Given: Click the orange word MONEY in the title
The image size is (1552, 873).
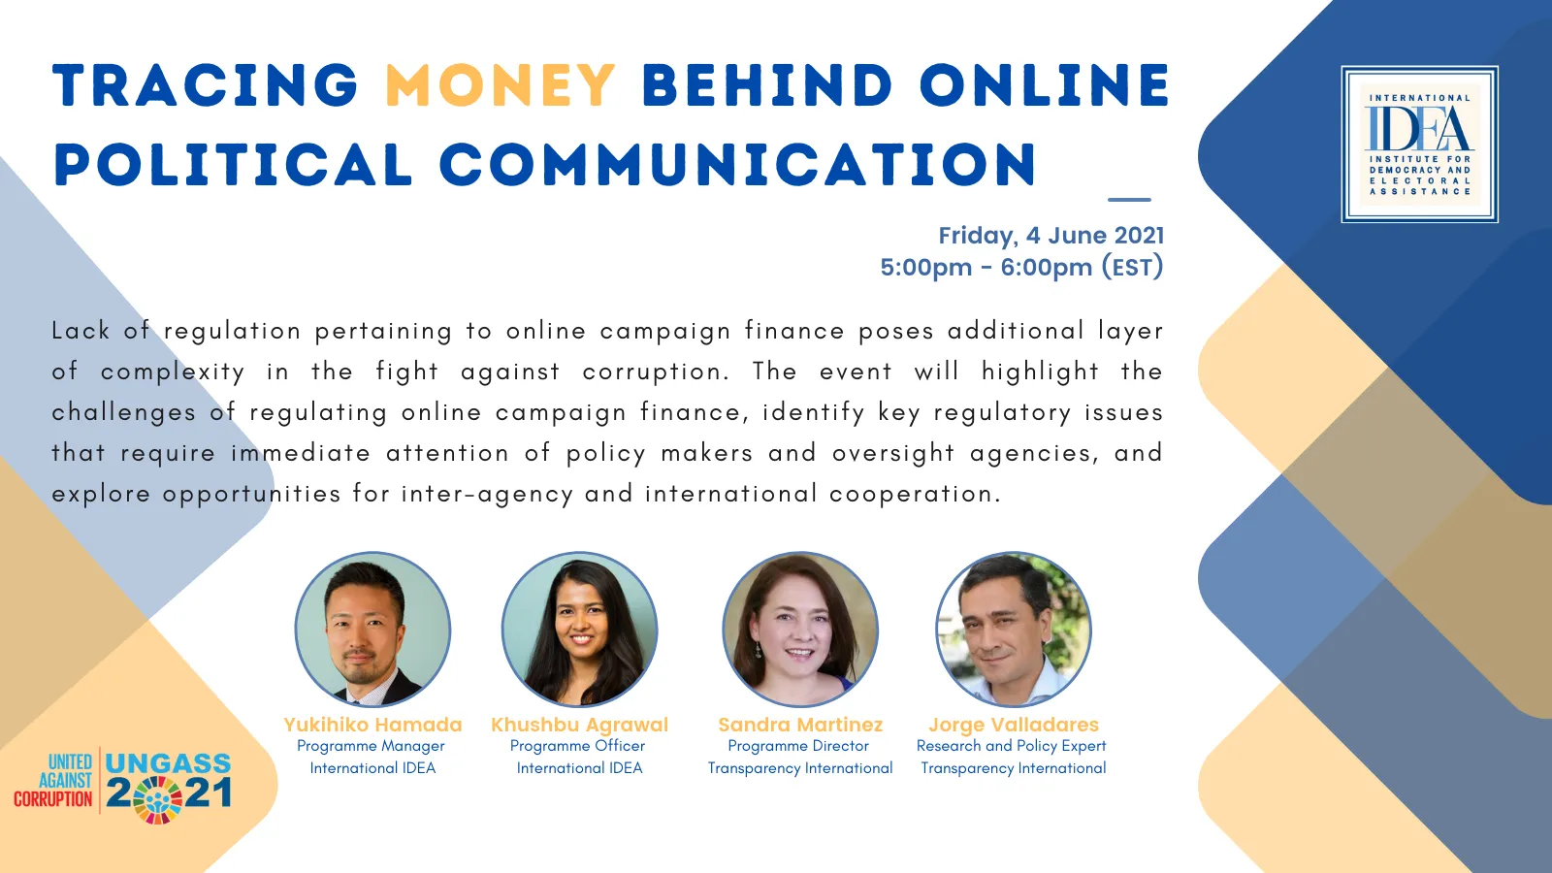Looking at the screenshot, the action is [501, 85].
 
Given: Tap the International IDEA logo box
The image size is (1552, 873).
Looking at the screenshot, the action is [1420, 145].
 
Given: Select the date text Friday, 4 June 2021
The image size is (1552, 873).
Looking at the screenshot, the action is [1051, 236].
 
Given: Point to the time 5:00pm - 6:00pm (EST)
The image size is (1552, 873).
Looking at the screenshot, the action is [1021, 268].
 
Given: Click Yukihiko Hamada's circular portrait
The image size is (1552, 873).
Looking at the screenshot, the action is [372, 630].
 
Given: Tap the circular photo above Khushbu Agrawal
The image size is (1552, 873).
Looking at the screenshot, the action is [579, 630].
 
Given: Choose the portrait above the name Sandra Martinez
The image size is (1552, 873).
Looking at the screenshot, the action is [800, 630].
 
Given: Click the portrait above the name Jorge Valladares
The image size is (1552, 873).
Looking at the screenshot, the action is [1014, 630].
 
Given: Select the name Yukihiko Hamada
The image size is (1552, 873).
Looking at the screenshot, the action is [372, 725].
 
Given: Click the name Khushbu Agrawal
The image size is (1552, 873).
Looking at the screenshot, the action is [579, 725].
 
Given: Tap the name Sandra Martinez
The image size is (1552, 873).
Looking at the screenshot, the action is [800, 725].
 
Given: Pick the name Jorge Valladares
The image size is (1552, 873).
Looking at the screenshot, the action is [1014, 725].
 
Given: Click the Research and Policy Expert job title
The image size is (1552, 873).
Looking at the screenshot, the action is [1012, 746].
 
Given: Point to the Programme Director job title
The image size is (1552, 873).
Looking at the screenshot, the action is [798, 746].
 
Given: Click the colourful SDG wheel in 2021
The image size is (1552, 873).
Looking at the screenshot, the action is [157, 799].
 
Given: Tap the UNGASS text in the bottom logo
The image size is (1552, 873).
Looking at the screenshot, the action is [168, 763].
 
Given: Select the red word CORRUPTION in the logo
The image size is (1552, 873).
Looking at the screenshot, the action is [53, 799].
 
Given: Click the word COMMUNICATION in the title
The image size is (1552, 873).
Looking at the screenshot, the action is [738, 165].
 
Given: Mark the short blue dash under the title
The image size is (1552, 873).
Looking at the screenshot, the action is [1129, 200].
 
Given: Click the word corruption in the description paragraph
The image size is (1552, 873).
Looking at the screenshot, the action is [656, 372].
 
